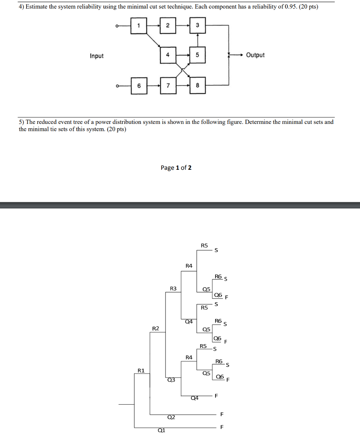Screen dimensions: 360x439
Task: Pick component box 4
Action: pos(168,55)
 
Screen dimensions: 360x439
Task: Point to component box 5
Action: pos(197,55)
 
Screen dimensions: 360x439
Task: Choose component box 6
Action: pos(138,86)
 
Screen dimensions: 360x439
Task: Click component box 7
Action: pos(168,86)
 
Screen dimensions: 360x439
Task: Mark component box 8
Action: pos(197,86)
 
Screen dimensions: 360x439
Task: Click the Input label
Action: pos(96,56)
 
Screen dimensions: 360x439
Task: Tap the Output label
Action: pos(255,55)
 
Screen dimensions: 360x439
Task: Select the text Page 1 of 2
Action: pos(176,168)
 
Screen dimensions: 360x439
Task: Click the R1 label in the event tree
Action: pos(141,370)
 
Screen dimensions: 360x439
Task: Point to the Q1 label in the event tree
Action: pos(162,431)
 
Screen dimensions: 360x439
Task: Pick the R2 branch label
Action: pos(156,328)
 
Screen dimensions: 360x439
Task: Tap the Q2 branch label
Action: pos(171,417)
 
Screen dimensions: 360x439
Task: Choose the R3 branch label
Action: pos(173,289)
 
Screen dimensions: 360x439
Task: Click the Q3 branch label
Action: pos(171,379)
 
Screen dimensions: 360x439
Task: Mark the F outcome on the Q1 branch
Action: pos(222,427)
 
